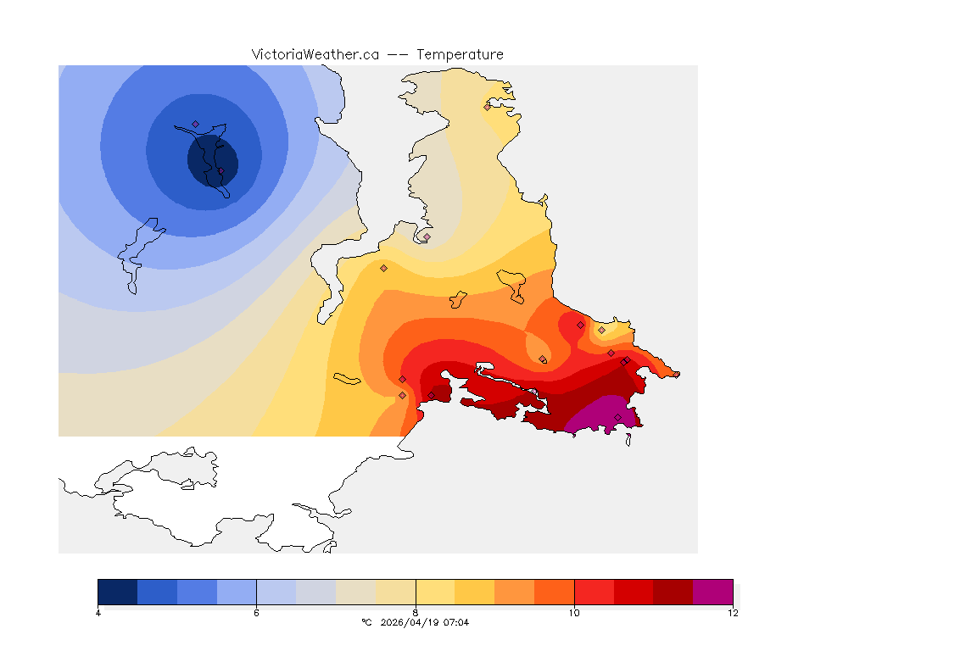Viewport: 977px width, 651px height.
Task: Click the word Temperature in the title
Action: (460, 54)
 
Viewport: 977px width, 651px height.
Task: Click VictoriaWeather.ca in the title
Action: (315, 54)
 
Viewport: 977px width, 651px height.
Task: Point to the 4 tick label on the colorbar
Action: (98, 613)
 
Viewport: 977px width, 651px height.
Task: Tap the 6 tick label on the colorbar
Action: (256, 613)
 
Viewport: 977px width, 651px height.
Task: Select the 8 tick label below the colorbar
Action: (416, 613)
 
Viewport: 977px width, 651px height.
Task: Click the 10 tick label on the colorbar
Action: (574, 613)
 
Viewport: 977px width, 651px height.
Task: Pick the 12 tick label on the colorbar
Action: (732, 613)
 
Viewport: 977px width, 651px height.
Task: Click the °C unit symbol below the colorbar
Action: (366, 622)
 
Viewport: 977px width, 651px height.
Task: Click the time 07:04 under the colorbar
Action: (457, 622)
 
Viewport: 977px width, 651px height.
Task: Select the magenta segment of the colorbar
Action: (712, 591)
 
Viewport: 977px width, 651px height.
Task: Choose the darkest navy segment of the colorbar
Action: (117, 591)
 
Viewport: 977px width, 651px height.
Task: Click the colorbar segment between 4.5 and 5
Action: (157, 591)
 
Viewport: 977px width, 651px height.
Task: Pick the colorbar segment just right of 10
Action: (594, 591)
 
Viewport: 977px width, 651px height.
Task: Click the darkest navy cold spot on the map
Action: (212, 160)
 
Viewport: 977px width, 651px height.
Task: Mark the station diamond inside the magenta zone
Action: (617, 416)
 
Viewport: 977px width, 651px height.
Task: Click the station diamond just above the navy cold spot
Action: (195, 124)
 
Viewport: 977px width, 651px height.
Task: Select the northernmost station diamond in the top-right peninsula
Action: (487, 107)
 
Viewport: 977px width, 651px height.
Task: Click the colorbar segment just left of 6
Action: (237, 591)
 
